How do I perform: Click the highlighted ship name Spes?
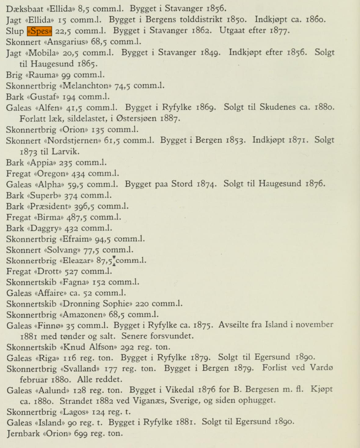[39, 31]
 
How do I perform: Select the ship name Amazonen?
[87, 314]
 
